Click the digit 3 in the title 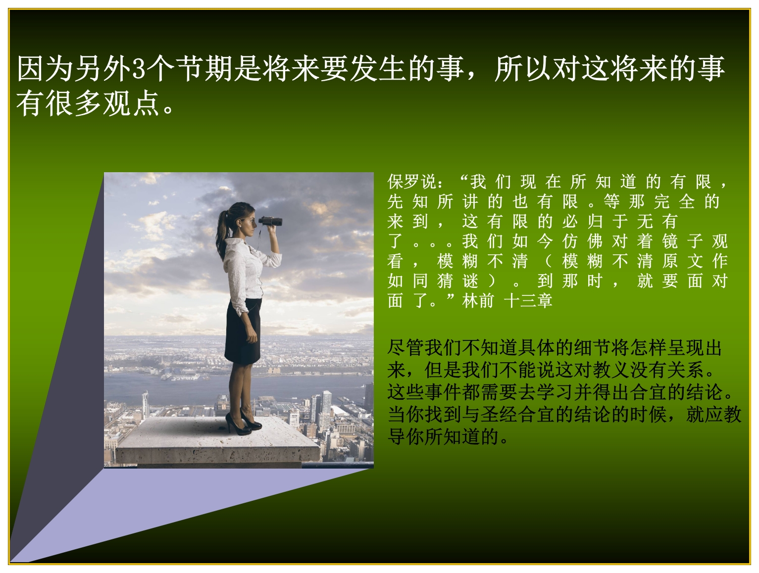pyautogui.click(x=139, y=68)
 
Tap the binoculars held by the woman pyautogui.click(x=270, y=221)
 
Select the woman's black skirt pyautogui.click(x=243, y=331)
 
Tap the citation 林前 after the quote pyautogui.click(x=477, y=300)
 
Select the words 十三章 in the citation pyautogui.click(x=528, y=300)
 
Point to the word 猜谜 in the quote pyautogui.click(x=457, y=281)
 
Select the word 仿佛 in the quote pyautogui.click(x=583, y=241)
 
